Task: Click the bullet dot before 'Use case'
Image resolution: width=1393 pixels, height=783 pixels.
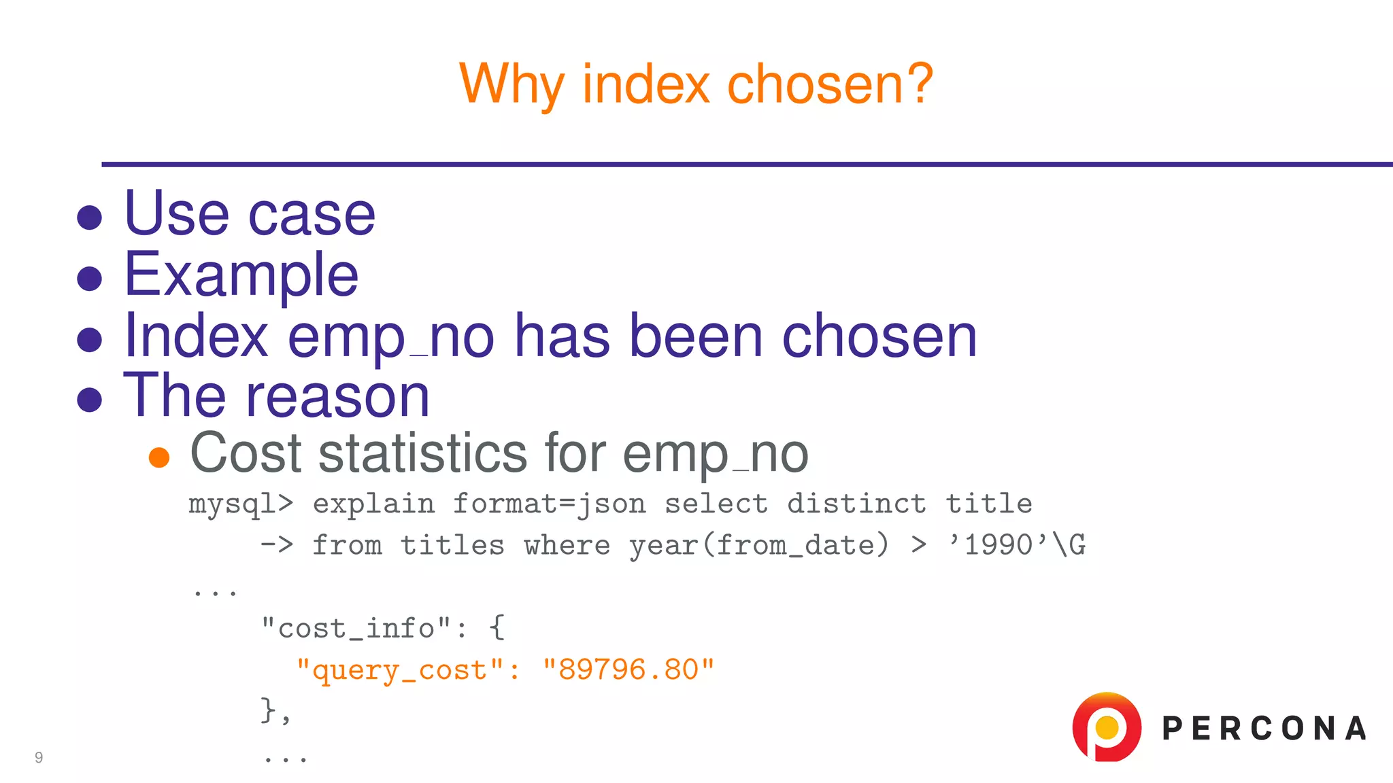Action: tap(90, 218)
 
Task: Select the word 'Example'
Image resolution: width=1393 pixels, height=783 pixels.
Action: tap(241, 276)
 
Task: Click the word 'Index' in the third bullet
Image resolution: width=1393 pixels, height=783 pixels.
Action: tap(196, 336)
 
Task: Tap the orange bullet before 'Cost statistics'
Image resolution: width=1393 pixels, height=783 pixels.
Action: tap(159, 457)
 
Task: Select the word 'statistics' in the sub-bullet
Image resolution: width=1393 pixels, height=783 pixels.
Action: tap(422, 453)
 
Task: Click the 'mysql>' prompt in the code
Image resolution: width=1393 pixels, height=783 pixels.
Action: tap(241, 504)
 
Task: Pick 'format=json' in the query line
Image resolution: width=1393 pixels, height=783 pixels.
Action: tap(549, 504)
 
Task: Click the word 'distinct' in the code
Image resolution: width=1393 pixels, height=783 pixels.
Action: tap(856, 504)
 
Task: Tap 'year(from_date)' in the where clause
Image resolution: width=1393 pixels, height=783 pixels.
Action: tap(758, 546)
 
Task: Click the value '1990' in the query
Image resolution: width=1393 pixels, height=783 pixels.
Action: tap(999, 545)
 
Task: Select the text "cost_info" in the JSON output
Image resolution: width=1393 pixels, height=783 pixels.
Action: tap(356, 629)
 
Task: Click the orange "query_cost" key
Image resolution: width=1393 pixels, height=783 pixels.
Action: tap(400, 670)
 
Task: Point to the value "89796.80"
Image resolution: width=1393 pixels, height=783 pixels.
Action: tap(628, 670)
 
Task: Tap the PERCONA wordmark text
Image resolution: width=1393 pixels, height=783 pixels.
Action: tap(1264, 729)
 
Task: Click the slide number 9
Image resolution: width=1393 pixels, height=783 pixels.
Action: tap(39, 757)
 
